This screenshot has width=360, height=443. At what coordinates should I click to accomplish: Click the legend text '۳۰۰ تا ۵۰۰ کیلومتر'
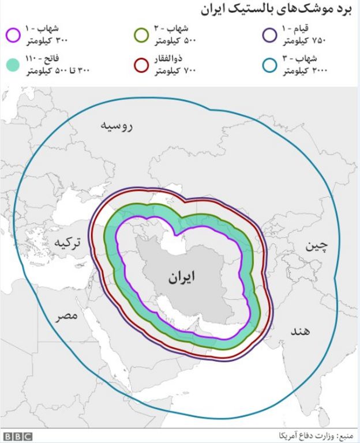[54, 70]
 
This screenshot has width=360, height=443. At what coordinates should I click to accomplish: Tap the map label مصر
[67, 317]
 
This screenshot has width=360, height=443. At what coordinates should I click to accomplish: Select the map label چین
[316, 246]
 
